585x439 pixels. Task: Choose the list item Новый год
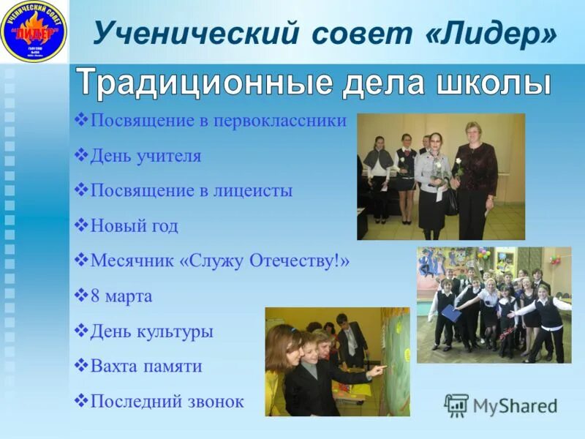coord(134,226)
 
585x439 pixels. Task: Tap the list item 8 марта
coord(121,296)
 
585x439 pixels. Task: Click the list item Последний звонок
coord(167,402)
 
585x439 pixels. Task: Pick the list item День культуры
coord(151,331)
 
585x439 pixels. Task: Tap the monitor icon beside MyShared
coord(456,405)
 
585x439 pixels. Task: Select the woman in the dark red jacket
coord(474,179)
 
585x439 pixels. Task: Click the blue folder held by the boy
coord(450,313)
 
